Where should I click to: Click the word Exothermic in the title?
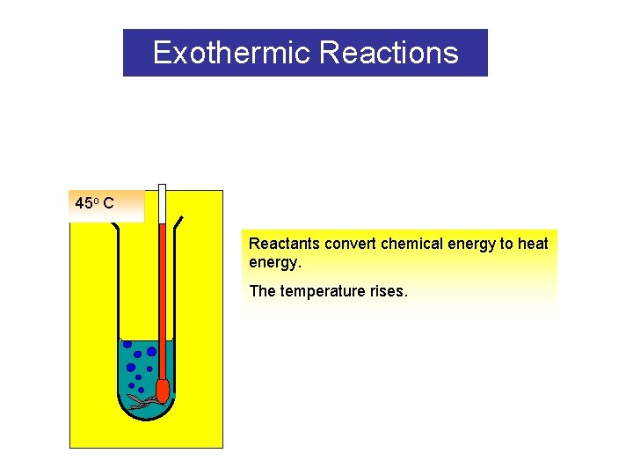232,53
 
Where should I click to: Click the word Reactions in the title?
389,53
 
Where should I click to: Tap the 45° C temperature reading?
94,204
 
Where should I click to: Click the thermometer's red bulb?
162,389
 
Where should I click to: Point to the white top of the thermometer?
162,202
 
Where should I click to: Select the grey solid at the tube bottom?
145,401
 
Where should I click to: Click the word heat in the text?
533,244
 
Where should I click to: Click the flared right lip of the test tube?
178,220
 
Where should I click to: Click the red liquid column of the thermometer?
162,299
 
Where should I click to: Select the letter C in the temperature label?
107,204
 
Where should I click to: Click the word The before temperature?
262,291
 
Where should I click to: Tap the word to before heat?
508,244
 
